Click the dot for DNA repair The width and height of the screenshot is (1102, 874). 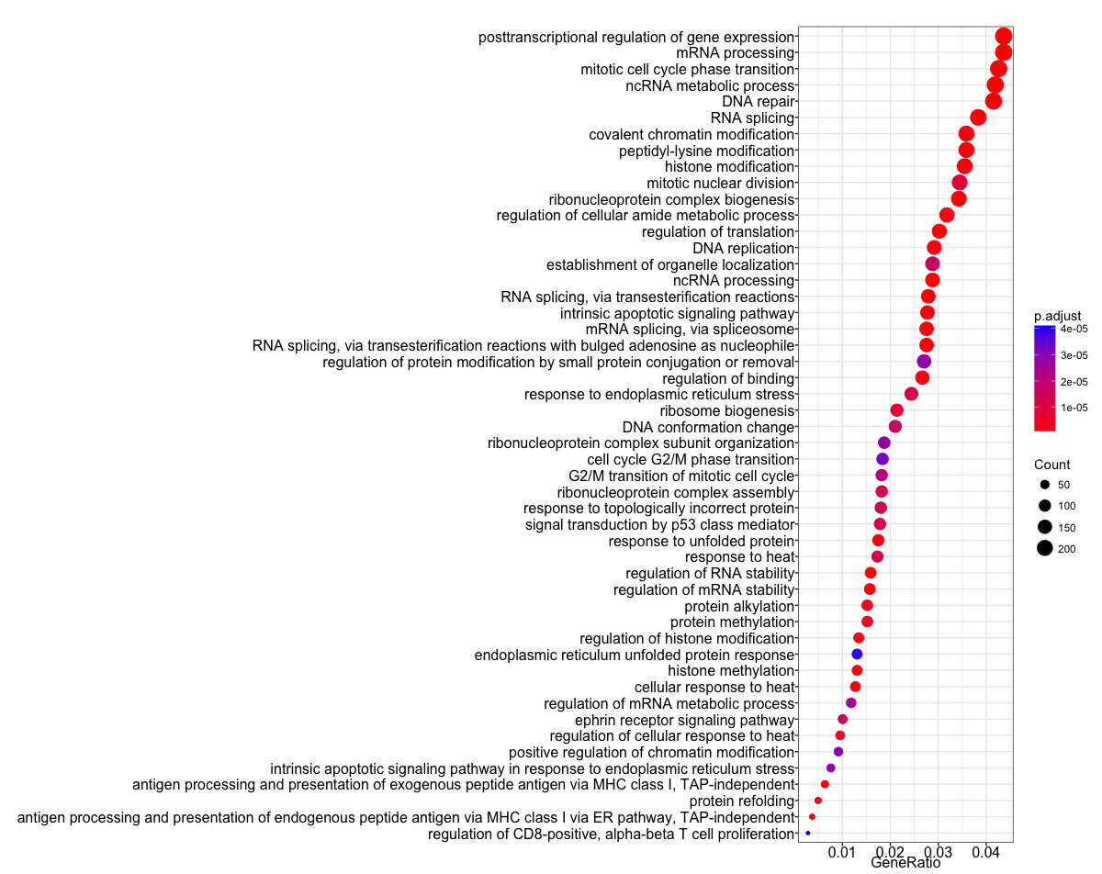click(993, 101)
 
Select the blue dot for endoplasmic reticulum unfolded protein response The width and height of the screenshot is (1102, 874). click(857, 654)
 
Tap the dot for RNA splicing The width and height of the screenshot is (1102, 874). click(978, 118)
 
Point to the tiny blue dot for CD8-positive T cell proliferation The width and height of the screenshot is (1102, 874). click(808, 833)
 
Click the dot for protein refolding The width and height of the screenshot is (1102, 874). click(818, 801)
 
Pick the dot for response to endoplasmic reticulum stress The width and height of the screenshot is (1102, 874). click(911, 394)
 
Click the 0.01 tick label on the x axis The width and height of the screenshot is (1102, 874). click(842, 854)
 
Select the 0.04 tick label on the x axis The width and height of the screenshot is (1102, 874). click(986, 854)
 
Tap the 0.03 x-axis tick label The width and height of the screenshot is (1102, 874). click(939, 854)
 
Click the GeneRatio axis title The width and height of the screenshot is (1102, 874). click(905, 864)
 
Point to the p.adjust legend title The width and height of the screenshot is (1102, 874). click(1057, 315)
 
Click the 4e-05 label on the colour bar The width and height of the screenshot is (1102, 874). click(1075, 328)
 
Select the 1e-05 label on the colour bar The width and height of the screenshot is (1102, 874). click(1075, 408)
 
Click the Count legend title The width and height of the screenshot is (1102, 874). click(1051, 464)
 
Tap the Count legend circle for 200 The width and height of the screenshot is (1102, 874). click(1045, 549)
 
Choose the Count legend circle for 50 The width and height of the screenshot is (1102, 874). click(1045, 484)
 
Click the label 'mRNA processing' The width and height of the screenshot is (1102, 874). click(735, 53)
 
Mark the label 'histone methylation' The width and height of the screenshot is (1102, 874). click(730, 670)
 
